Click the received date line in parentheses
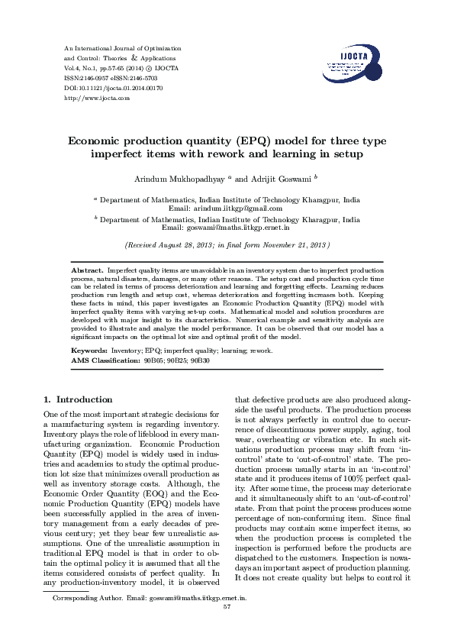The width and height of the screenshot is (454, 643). (x=227, y=246)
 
